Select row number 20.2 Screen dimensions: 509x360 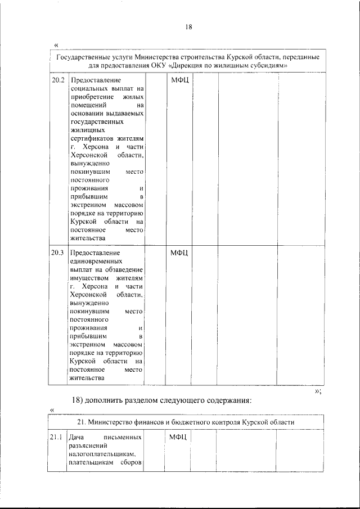click(57, 80)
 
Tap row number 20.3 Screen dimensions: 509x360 click(57, 252)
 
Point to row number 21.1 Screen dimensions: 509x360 click(56, 436)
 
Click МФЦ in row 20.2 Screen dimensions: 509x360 click(181, 80)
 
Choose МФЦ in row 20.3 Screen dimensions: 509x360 click(181, 252)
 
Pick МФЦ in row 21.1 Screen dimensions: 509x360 click(178, 436)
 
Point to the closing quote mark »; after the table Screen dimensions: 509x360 click(318, 391)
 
